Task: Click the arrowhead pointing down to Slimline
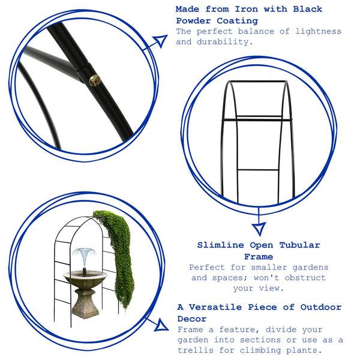(x=259, y=228)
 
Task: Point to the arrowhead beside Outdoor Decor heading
(x=160, y=326)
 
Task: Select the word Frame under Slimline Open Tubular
(x=259, y=256)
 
